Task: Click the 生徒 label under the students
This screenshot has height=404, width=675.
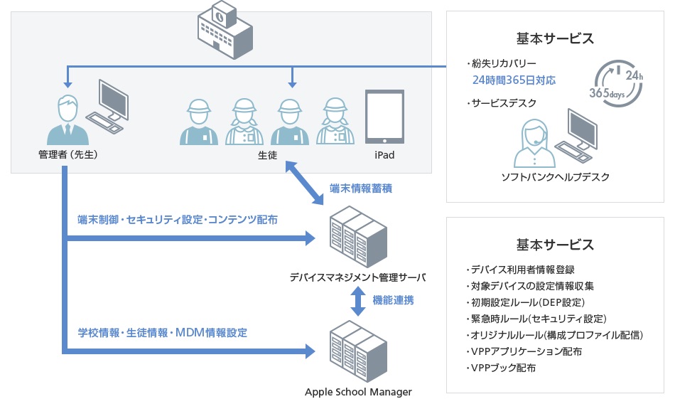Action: [267, 155]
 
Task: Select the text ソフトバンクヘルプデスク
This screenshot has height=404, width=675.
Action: [555, 177]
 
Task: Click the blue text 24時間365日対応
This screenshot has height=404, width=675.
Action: [514, 80]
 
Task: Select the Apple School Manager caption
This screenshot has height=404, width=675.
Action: [358, 391]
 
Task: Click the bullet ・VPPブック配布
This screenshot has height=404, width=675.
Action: [501, 368]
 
